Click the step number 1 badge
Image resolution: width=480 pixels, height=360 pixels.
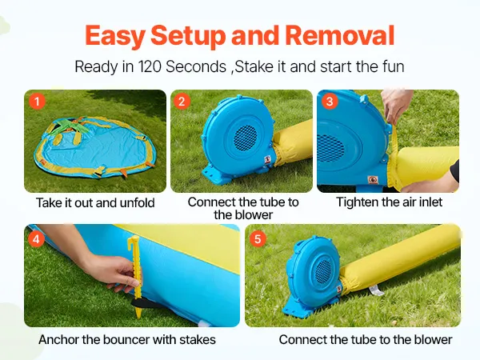(x=37, y=101)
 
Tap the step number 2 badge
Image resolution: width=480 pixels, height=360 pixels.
(x=182, y=101)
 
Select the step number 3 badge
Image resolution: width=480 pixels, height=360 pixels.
(x=330, y=101)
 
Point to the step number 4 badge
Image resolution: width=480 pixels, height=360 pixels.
(x=36, y=238)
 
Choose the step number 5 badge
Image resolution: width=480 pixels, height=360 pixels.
(x=258, y=238)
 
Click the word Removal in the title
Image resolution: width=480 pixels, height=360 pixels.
(x=340, y=35)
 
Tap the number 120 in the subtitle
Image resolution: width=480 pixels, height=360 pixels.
(x=150, y=66)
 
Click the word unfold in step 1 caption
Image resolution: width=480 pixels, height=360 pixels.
(x=137, y=202)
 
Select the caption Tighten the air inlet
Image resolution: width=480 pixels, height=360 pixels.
(x=389, y=202)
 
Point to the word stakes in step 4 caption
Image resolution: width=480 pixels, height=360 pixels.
(x=198, y=339)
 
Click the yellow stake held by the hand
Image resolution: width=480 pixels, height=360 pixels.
(x=136, y=276)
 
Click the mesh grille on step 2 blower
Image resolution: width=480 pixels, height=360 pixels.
(x=246, y=138)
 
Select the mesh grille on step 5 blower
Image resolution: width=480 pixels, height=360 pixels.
(x=324, y=271)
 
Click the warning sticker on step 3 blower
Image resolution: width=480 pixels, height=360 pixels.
(x=373, y=180)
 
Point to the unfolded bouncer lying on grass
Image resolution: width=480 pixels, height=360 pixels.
(x=95, y=148)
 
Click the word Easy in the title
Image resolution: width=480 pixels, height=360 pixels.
(x=115, y=36)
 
